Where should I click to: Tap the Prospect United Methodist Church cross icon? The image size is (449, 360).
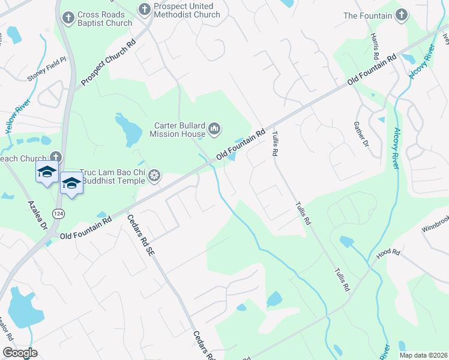tap(145, 10)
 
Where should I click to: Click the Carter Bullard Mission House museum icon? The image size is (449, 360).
tap(214, 128)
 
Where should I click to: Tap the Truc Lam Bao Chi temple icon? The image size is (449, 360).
tap(154, 175)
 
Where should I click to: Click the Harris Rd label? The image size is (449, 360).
tap(375, 46)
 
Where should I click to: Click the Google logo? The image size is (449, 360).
tap(20, 352)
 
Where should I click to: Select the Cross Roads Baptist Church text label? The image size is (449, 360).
tap(104, 19)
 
